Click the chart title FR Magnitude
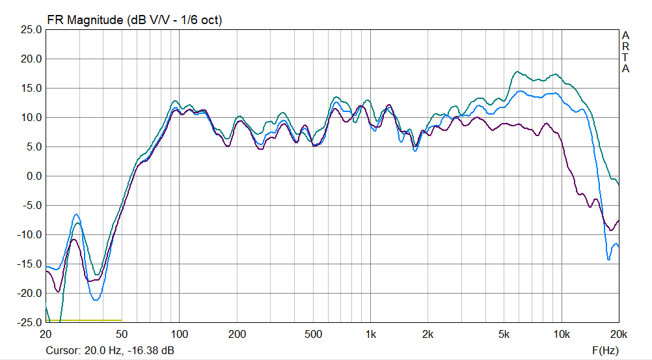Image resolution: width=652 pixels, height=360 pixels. (85, 20)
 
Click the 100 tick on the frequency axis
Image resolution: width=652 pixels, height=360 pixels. (180, 335)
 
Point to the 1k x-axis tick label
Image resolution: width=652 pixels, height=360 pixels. (371, 335)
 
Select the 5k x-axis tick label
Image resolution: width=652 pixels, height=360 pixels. (504, 335)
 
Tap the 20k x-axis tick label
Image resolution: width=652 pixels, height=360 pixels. (618, 335)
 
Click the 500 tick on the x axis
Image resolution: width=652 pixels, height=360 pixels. (314, 335)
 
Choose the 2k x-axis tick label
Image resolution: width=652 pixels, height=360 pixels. (428, 335)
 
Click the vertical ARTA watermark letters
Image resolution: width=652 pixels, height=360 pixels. (625, 52)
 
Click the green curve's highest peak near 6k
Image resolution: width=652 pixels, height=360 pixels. (518, 72)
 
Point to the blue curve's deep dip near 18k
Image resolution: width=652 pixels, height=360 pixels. (609, 259)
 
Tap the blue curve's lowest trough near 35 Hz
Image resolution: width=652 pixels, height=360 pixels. (96, 300)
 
